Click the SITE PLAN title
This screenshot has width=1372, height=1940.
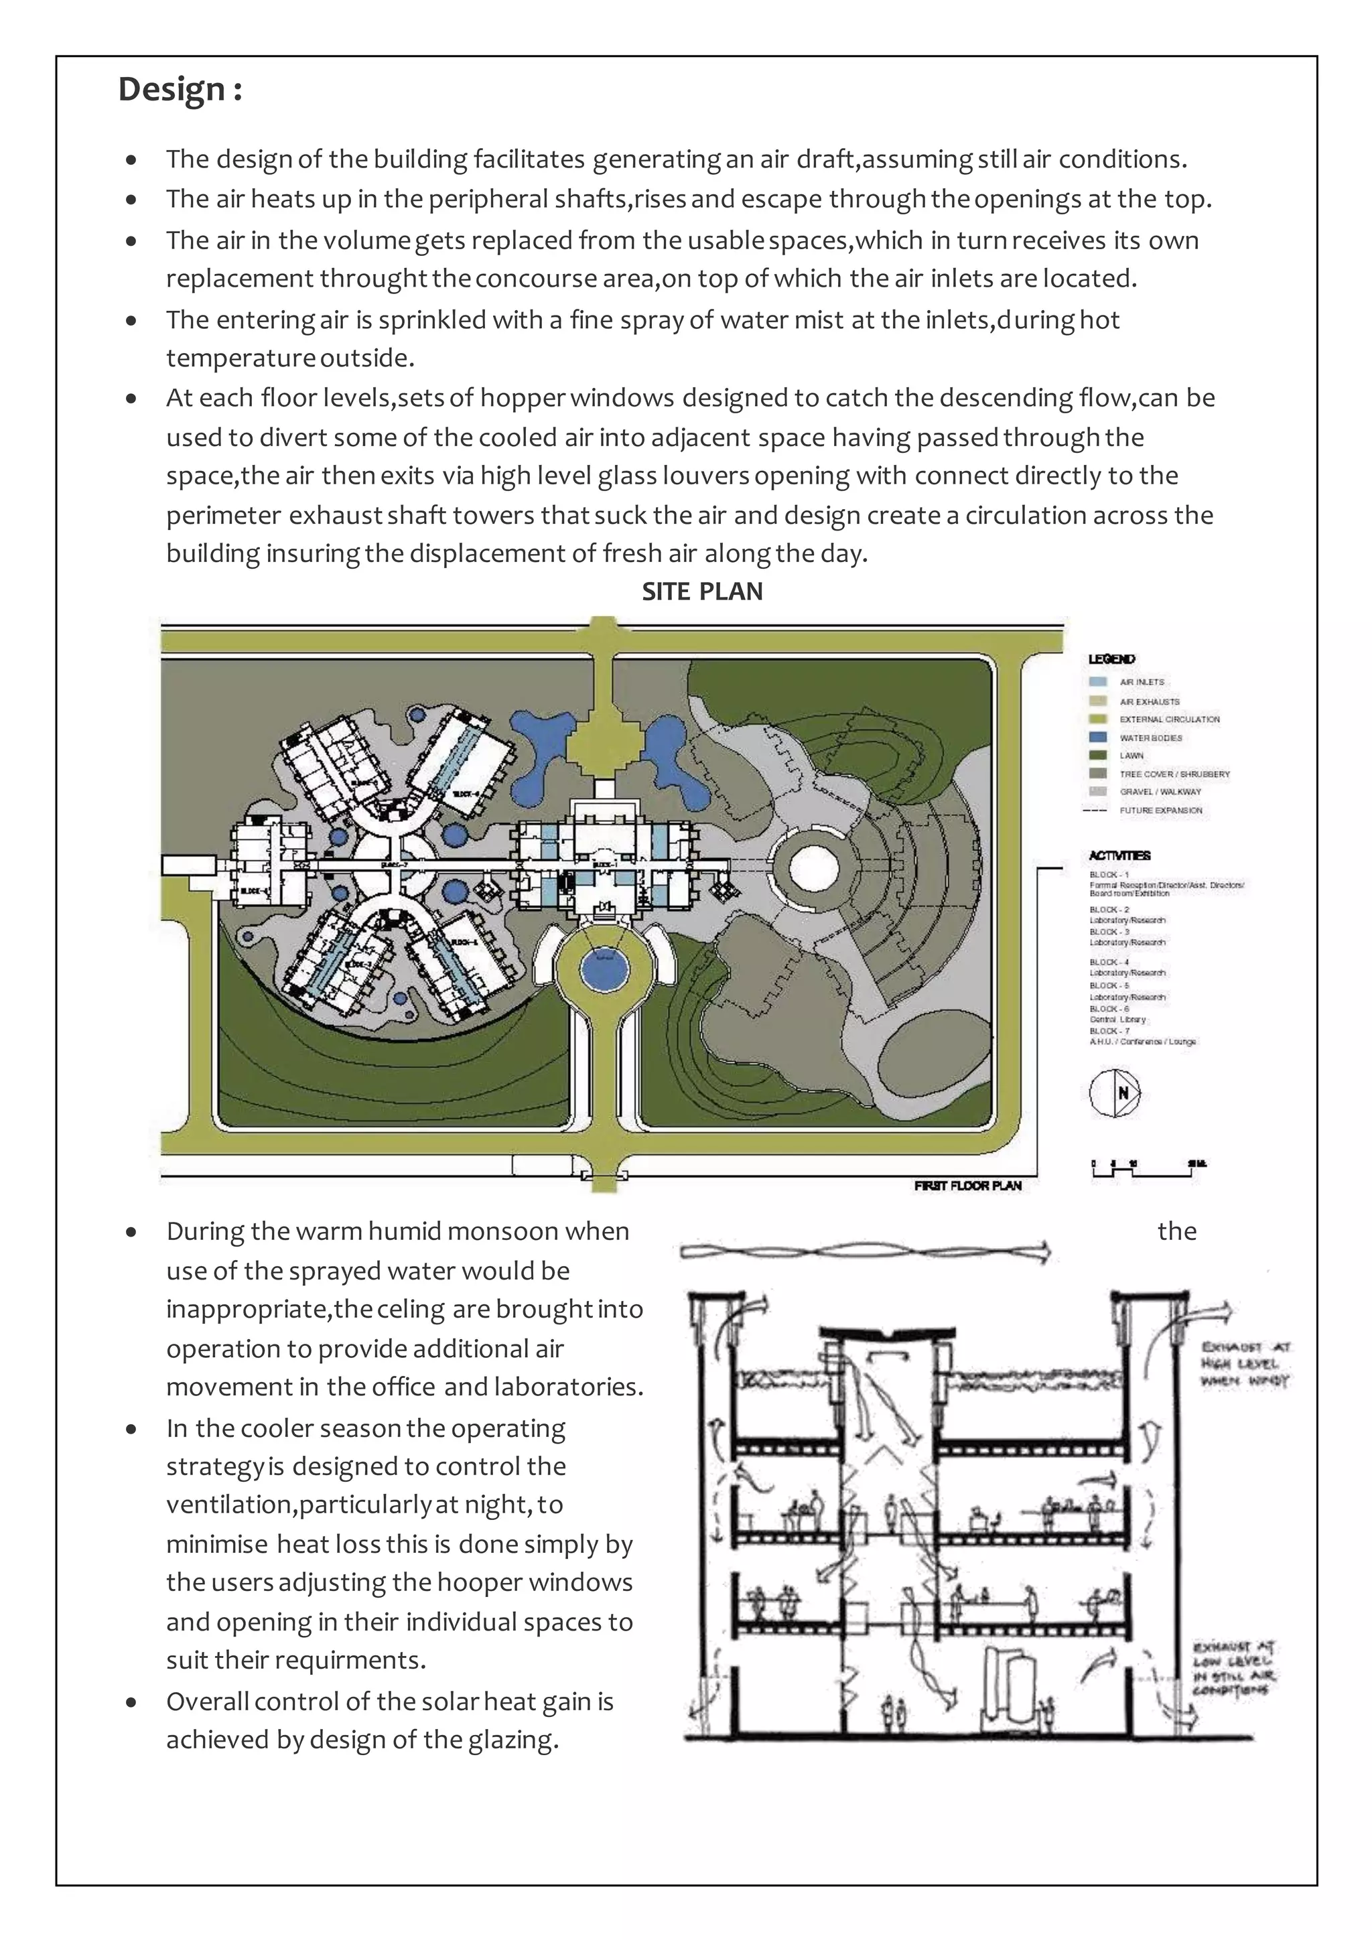(702, 592)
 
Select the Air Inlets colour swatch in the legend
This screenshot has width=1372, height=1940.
(1097, 681)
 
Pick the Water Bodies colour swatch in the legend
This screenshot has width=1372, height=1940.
(1097, 737)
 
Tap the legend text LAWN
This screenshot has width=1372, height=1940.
(1131, 756)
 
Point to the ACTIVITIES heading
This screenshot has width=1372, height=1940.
(1119, 855)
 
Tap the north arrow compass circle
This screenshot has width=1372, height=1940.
(1114, 1093)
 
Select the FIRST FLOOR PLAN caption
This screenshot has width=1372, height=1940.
(967, 1186)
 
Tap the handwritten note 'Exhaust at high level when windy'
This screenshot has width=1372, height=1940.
(1245, 1364)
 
